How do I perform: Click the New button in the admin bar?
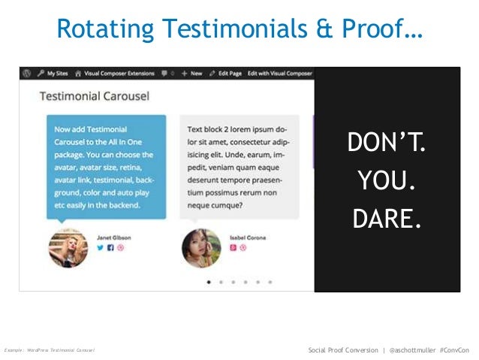[x=192, y=74]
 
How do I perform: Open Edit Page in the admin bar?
[x=226, y=74]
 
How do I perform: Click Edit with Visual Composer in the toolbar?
[x=280, y=74]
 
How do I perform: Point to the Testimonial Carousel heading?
[x=94, y=96]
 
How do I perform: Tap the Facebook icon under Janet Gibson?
[x=110, y=247]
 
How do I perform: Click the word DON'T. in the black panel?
[x=386, y=143]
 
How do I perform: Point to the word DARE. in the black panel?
[x=386, y=218]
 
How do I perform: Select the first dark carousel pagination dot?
[x=208, y=282]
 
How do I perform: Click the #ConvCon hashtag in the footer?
[x=455, y=350]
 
